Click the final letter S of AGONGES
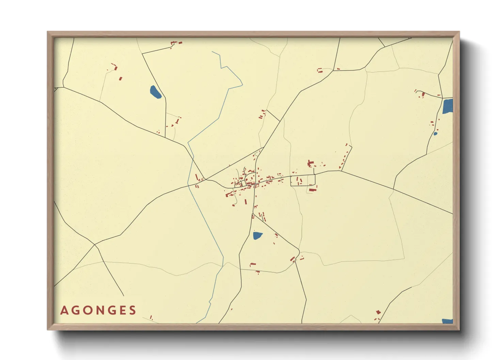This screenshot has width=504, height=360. [132, 310]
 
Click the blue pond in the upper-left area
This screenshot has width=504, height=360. [155, 92]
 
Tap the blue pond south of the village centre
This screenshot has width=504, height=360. [257, 235]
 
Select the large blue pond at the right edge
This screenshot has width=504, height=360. [447, 106]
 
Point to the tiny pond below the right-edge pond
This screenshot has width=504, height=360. [435, 134]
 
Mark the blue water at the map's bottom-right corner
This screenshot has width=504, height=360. [447, 321]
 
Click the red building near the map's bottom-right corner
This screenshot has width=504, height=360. [378, 312]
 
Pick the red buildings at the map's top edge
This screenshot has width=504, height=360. [176, 43]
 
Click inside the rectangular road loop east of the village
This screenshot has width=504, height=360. [303, 180]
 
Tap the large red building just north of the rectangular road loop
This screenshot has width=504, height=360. [310, 164]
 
